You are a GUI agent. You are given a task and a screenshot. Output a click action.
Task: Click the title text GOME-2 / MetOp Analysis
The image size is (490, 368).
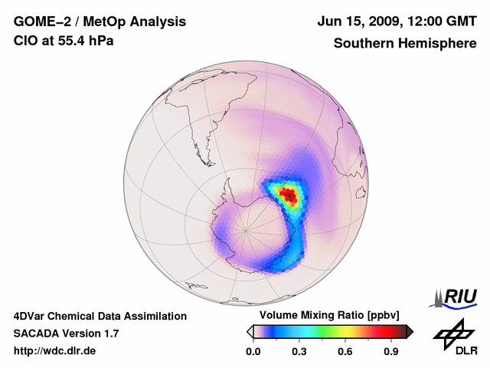100,22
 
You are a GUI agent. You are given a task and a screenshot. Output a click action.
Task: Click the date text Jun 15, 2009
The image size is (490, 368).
360,22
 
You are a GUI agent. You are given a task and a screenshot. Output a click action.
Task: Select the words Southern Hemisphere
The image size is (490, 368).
403,43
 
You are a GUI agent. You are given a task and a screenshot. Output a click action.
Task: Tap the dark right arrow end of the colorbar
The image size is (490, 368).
410,331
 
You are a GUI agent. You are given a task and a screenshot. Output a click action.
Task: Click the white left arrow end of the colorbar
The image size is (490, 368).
250,331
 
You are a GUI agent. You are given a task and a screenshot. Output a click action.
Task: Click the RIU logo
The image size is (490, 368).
457,296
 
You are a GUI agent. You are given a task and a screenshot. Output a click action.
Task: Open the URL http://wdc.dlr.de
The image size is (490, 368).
55,351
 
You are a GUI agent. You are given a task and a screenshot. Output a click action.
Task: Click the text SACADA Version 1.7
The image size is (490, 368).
66,333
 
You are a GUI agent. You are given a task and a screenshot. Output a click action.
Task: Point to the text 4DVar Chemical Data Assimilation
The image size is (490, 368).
100,316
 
